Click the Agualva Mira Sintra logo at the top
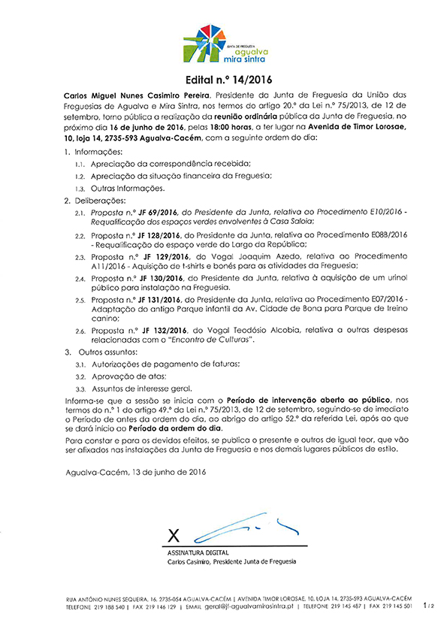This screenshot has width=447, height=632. pos(223,44)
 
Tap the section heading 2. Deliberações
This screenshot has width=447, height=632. pos(95,201)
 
